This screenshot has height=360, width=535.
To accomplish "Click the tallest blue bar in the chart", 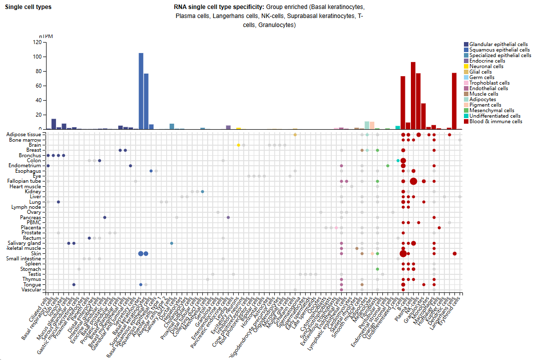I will (x=141, y=91).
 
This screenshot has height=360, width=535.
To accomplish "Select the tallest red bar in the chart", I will (x=413, y=95).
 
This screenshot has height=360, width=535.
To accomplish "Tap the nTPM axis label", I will (x=46, y=37).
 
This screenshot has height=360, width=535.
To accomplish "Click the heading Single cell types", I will (x=28, y=7).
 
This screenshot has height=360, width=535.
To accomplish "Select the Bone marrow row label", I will (x=28, y=140).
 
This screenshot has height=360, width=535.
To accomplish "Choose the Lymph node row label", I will (x=27, y=207).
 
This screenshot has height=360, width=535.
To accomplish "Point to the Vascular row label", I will (x=31, y=289).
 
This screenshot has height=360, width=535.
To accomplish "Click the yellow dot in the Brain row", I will (x=238, y=145).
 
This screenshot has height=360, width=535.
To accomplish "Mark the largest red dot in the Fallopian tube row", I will (x=413, y=181).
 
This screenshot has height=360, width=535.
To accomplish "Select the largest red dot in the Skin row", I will (x=403, y=253).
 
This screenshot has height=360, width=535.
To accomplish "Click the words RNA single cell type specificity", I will (x=219, y=7).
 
